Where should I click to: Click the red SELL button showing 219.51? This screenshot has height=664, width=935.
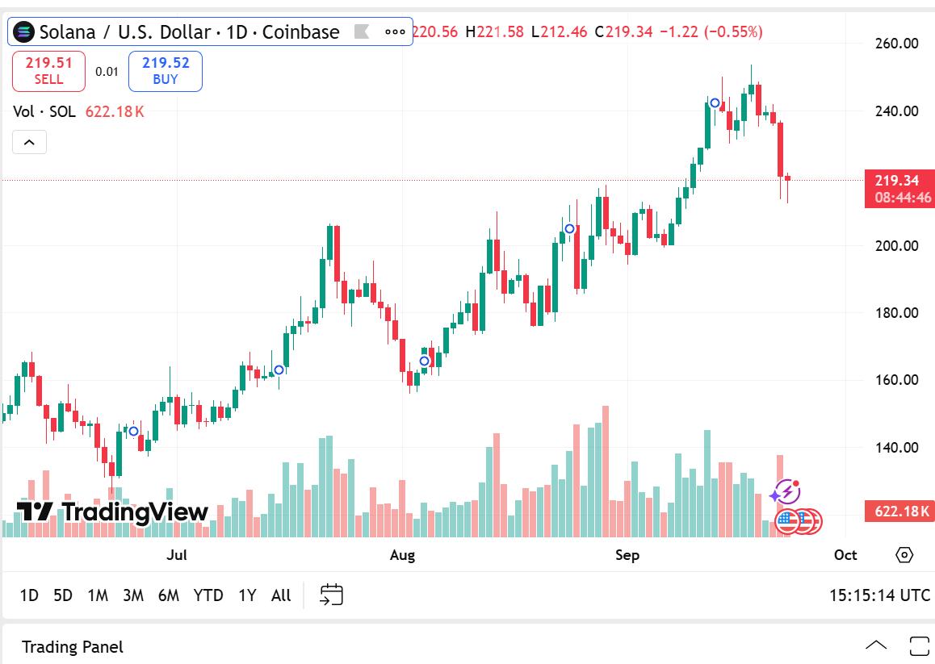[48, 71]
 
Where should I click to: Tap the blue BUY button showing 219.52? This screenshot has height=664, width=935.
[165, 71]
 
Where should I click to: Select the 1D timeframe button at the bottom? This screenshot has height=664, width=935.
[29, 595]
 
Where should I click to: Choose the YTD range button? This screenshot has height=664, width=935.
[208, 595]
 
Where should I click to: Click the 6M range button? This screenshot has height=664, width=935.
[169, 595]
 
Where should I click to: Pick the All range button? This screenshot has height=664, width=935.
[281, 595]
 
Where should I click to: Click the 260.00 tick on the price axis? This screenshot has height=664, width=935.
[896, 44]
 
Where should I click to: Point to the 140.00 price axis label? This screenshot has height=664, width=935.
[896, 447]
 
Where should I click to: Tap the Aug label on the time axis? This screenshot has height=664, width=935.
[402, 555]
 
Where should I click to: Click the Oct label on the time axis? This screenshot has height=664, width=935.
[845, 555]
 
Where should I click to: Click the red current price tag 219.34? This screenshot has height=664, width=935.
[899, 181]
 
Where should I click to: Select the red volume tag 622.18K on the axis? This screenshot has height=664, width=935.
[899, 511]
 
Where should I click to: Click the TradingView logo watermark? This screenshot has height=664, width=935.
[112, 512]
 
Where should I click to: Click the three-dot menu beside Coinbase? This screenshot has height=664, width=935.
[395, 32]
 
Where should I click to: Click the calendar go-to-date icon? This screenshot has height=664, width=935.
[331, 595]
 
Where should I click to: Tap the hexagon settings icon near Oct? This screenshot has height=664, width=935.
[904, 555]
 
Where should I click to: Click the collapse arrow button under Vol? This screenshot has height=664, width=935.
[29, 143]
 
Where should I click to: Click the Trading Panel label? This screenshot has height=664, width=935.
[73, 647]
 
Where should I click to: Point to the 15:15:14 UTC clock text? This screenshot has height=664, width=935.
[879, 595]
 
